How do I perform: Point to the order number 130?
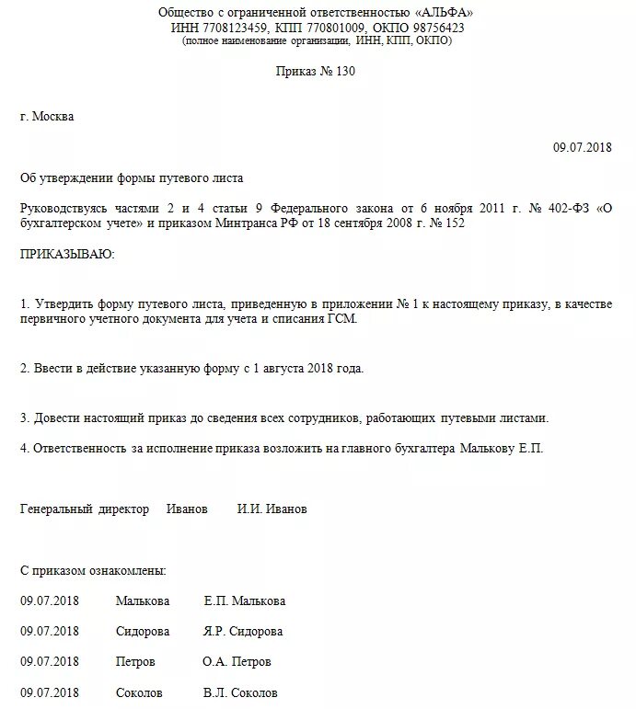(341, 72)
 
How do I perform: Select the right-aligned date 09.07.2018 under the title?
(582, 147)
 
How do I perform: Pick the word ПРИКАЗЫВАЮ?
(67, 254)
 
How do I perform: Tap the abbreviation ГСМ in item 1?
(338, 318)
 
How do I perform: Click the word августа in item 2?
(276, 368)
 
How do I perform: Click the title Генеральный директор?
(84, 509)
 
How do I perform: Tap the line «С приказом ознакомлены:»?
(93, 571)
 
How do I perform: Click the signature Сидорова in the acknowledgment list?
(142, 632)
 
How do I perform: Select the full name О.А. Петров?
(237, 662)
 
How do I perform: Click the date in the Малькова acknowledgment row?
(50, 601)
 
